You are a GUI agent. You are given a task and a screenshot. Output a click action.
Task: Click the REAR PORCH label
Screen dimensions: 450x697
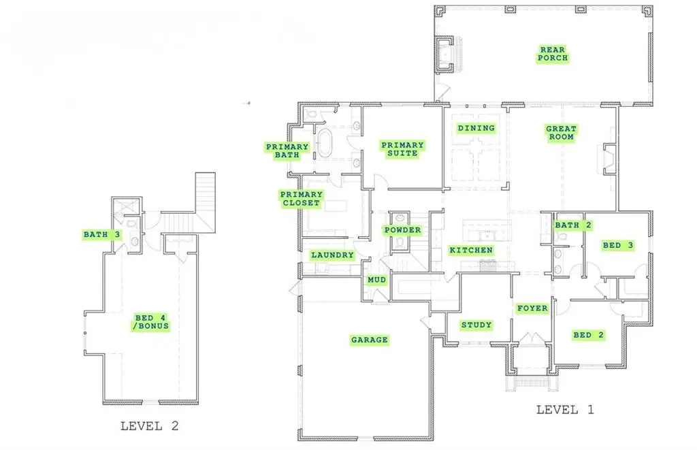tap(552, 54)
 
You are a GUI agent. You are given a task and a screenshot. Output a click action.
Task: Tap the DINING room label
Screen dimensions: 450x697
tap(476, 128)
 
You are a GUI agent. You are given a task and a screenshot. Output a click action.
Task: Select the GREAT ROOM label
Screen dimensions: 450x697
tap(561, 133)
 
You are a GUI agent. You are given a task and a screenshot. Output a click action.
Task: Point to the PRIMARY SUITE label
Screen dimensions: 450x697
tap(402, 149)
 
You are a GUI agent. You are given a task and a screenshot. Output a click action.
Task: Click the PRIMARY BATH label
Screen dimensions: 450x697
tap(287, 151)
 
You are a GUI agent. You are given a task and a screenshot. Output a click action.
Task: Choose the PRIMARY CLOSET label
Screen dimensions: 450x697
tap(301, 198)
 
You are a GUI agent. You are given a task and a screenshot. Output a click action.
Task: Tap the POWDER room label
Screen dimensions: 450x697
tap(402, 230)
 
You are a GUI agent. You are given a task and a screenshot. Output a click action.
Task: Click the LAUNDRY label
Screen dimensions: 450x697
tap(332, 255)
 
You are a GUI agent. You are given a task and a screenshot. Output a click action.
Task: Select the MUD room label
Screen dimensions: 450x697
tap(376, 280)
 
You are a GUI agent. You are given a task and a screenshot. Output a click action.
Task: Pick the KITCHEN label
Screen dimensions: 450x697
tap(471, 251)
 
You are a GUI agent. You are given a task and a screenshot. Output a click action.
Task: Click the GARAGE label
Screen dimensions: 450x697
tap(369, 340)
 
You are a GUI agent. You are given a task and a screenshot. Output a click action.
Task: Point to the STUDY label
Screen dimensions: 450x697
tap(476, 325)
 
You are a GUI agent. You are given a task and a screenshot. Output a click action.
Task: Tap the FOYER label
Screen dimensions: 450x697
tap(532, 308)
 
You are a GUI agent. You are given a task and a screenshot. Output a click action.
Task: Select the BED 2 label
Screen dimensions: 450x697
tap(588, 335)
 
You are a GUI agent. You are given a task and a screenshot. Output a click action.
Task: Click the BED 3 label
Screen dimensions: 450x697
tap(617, 245)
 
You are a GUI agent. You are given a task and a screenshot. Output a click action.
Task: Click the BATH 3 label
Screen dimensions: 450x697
tap(101, 235)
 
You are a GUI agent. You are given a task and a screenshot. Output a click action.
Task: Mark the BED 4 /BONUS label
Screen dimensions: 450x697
tap(150, 322)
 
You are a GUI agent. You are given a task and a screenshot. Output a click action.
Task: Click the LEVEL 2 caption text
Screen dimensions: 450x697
tap(149, 426)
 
